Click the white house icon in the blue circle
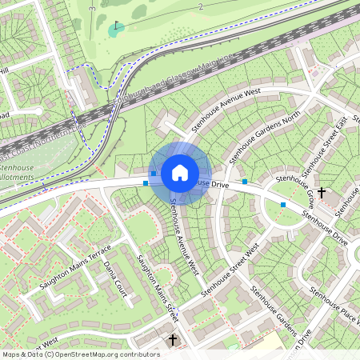coord(180,172)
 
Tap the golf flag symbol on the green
coord(118,26)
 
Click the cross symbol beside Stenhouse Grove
coord(322,193)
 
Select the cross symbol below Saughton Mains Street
coord(172,341)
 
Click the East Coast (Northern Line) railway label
coord(40,138)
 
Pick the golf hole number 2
coord(201,6)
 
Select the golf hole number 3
coord(92,8)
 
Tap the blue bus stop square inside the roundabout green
coord(282,205)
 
